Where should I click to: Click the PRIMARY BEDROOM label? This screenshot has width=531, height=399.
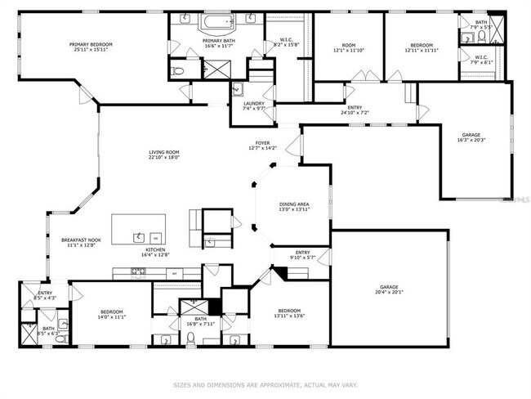tap(90, 44)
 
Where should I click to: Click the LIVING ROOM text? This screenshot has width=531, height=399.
tap(163, 152)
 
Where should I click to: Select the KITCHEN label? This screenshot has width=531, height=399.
tap(156, 249)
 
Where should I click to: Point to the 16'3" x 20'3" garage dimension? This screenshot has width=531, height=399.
tap(471, 140)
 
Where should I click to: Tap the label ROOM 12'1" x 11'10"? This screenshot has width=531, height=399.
tap(349, 48)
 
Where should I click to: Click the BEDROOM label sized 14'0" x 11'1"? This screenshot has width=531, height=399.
tap(112, 312)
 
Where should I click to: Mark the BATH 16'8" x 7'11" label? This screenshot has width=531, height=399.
tap(200, 321)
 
